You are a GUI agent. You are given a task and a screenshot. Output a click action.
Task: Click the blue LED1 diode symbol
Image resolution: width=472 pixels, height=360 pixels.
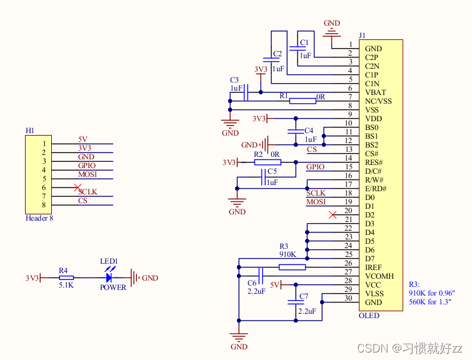(110, 277)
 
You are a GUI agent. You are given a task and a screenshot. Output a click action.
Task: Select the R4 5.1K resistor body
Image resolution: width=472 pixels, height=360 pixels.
(66, 277)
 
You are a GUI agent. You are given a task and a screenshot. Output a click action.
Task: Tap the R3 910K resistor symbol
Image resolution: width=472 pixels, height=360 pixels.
(292, 267)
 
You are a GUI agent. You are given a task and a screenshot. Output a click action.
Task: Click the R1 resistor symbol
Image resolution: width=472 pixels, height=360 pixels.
(302, 101)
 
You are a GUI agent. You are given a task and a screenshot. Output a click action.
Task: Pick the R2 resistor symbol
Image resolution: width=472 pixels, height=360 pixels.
(267, 162)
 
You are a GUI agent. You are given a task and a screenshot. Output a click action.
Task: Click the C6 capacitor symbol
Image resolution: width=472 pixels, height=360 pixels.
(262, 276)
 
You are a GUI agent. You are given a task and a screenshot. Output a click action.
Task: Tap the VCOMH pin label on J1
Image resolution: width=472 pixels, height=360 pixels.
(379, 276)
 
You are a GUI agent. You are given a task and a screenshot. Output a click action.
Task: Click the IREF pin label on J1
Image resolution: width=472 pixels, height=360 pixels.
(374, 267)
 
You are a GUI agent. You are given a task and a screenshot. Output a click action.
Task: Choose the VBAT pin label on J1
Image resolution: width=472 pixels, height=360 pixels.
(376, 92)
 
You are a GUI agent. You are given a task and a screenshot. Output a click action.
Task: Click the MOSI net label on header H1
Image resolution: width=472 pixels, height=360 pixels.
(88, 175)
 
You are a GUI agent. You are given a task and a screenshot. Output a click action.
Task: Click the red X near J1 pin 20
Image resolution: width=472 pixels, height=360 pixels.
(332, 215)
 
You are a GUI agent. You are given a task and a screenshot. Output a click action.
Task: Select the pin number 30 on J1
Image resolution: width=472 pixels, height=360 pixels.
(348, 298)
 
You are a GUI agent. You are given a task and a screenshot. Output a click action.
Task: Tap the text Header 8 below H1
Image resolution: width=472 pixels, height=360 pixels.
(39, 219)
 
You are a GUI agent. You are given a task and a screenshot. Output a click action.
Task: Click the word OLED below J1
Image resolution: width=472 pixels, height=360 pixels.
(369, 316)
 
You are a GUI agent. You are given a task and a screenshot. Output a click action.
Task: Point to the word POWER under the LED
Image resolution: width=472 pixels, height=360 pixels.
(113, 287)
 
